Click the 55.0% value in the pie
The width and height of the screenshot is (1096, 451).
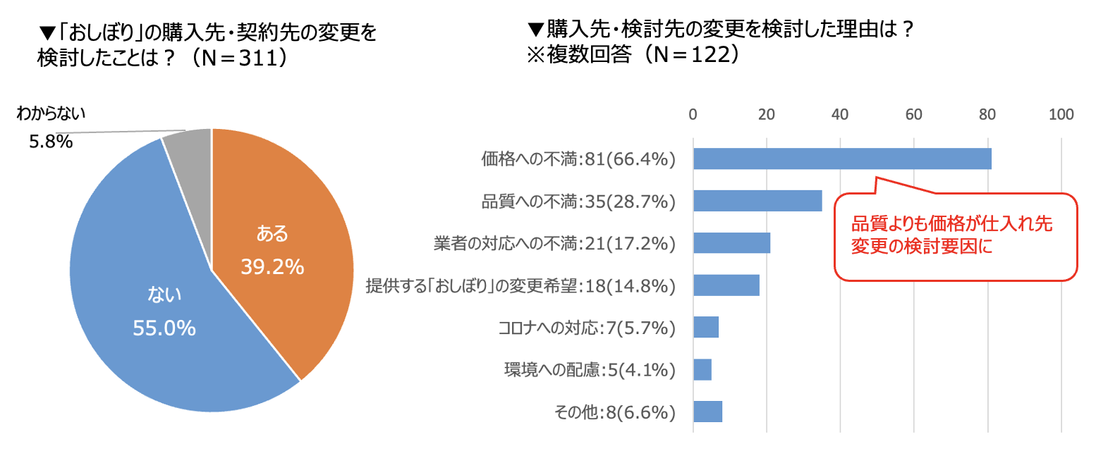point(164,328)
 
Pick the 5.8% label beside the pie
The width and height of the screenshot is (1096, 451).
point(51,142)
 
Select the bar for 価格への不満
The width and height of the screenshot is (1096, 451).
point(842,159)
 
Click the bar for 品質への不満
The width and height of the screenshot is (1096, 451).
point(757,201)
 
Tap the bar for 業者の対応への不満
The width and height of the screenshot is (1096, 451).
point(731,242)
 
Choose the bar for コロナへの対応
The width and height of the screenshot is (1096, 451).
point(706,327)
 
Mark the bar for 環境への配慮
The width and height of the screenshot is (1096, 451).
point(702,369)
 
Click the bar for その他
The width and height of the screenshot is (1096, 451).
point(708,412)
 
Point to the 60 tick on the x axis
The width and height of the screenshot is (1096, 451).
point(914,115)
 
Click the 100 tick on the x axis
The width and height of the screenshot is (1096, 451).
point(1061,115)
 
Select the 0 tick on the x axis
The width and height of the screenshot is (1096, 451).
point(693,115)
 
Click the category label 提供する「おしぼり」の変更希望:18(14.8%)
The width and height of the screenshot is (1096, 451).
point(520,286)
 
